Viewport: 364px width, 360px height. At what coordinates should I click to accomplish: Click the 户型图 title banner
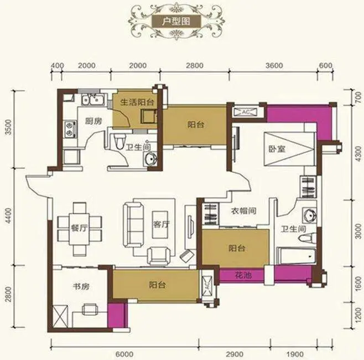click(176, 21)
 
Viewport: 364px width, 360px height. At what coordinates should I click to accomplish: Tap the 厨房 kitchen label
click(93, 121)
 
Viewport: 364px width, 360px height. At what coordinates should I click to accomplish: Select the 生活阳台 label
click(137, 102)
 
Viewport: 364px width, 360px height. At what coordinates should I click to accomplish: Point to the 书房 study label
click(81, 286)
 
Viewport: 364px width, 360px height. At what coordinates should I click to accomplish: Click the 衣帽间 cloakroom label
click(243, 211)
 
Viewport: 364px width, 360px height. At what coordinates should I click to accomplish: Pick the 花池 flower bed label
click(243, 276)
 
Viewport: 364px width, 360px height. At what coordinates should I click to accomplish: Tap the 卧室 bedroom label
click(277, 149)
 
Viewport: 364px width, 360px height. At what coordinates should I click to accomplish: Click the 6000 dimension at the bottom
click(124, 354)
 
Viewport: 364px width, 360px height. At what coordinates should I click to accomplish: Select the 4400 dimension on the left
click(9, 216)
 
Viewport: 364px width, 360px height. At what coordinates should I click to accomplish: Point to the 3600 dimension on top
click(274, 65)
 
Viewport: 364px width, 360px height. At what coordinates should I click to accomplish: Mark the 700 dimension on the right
click(358, 97)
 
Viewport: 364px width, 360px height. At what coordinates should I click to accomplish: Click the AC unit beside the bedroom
click(246, 112)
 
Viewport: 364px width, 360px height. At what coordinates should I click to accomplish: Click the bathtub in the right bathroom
click(296, 256)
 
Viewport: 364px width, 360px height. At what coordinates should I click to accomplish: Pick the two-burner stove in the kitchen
click(70, 129)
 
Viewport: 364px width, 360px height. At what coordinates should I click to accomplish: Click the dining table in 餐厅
click(80, 228)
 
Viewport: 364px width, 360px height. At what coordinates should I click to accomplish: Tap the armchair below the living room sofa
click(159, 256)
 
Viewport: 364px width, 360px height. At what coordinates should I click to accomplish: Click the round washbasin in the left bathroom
click(150, 159)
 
